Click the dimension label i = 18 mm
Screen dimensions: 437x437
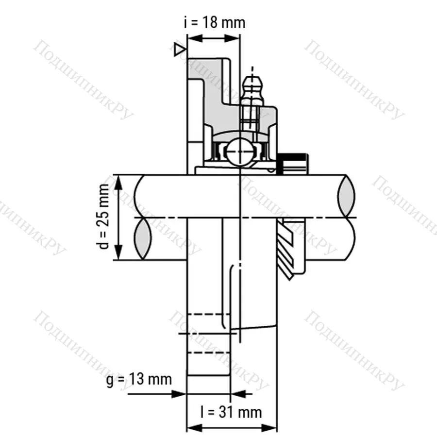(214, 22)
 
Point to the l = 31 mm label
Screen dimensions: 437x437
(231, 412)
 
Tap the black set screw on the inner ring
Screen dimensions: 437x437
(293, 162)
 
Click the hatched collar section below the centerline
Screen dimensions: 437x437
(291, 248)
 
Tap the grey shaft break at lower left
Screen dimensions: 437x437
(143, 238)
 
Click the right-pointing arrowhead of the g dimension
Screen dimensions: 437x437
(180, 393)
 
